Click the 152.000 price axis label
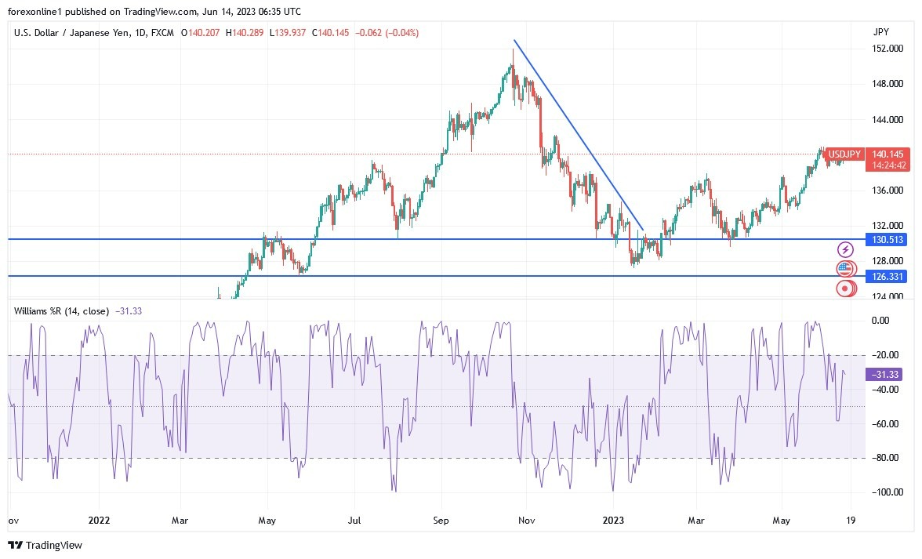point(886,49)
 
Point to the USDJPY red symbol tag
point(846,154)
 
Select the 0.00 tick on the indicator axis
point(881,320)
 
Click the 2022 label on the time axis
point(100,520)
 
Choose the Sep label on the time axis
point(441,520)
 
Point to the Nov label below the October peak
point(526,520)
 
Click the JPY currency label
point(880,32)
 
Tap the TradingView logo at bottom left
point(45,545)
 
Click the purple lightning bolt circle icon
point(845,249)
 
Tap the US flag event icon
point(844,269)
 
